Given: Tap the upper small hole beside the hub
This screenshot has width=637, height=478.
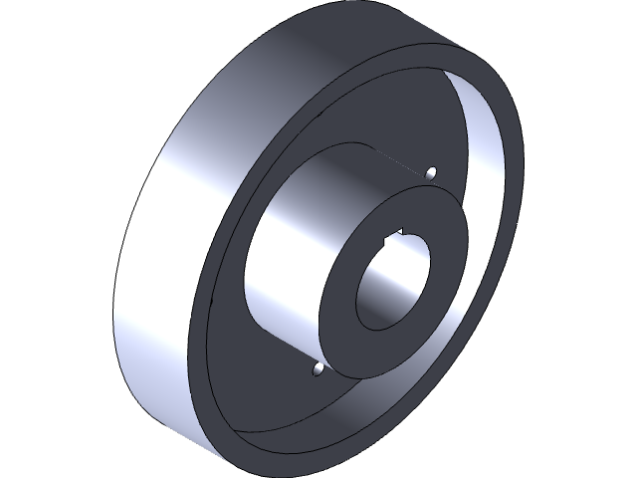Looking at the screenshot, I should coord(431,173).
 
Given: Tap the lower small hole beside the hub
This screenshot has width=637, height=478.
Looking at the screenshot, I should coord(318,370).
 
